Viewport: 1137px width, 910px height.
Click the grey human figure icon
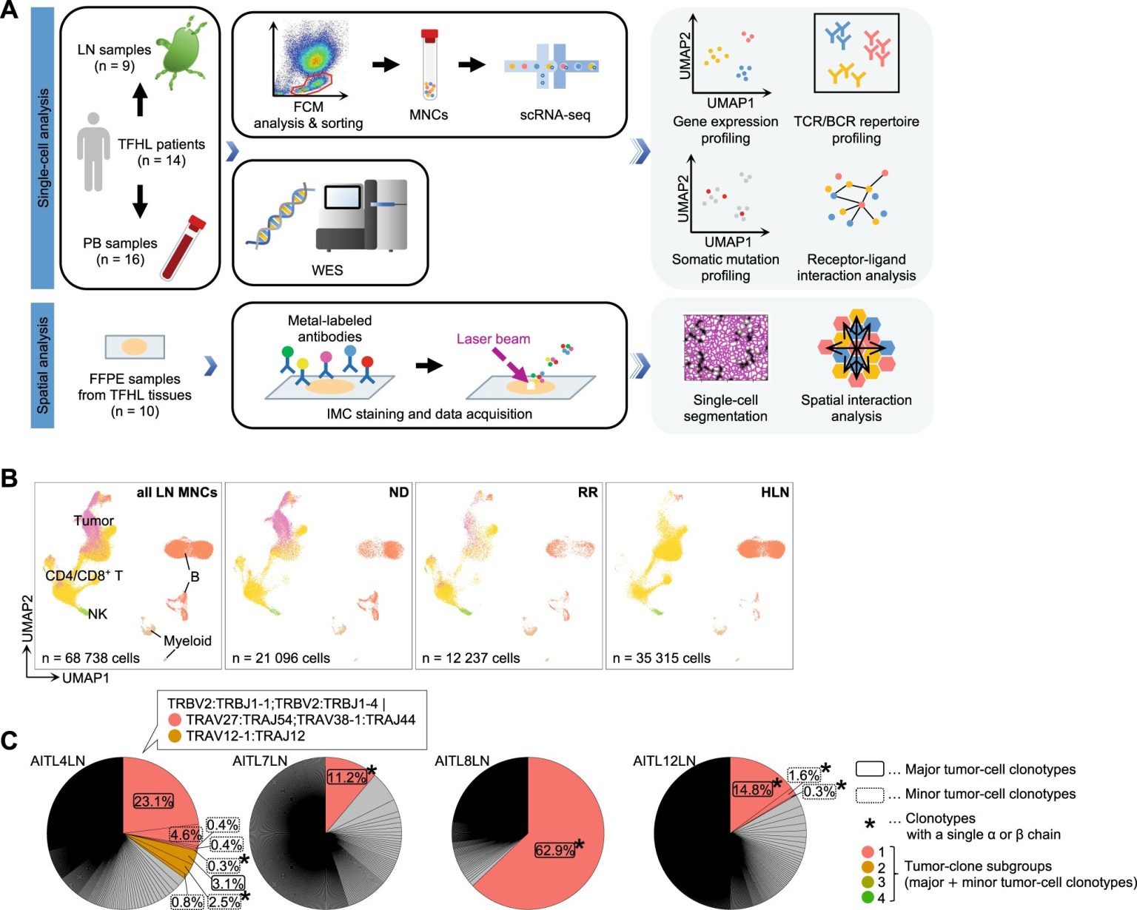(93, 152)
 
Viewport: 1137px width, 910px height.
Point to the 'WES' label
(327, 271)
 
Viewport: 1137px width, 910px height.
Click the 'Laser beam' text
(494, 339)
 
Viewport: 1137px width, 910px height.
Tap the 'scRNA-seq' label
(554, 115)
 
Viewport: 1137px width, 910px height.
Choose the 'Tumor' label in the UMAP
(94, 521)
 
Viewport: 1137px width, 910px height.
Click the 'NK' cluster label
(98, 614)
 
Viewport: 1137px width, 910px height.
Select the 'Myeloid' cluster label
(187, 641)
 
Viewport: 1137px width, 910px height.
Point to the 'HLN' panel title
(775, 492)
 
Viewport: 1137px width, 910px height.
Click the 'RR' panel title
(588, 492)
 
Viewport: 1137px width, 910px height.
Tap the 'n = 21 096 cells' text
(281, 658)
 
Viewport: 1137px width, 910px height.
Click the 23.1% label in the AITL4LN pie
(153, 801)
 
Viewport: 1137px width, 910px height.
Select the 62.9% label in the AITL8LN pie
(554, 850)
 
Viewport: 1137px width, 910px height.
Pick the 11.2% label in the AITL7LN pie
(346, 778)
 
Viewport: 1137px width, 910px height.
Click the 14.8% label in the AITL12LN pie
(752, 789)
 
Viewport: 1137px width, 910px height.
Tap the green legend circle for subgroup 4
(868, 897)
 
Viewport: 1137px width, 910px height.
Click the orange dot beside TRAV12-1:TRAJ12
(175, 735)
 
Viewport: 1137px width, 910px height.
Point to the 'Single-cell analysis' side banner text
(43, 148)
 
